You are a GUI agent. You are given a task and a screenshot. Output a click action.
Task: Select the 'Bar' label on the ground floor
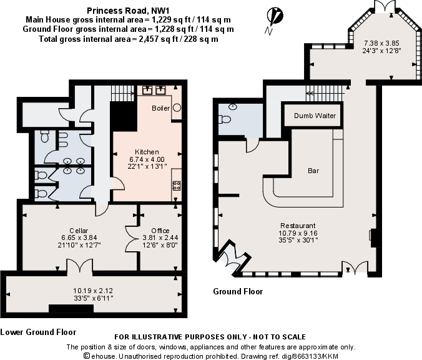click(x=314, y=170)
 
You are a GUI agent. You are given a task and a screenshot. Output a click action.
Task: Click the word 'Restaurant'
click(x=298, y=226)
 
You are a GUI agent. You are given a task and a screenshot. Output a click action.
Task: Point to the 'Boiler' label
click(x=160, y=108)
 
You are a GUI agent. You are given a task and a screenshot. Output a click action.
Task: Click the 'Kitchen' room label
click(x=147, y=152)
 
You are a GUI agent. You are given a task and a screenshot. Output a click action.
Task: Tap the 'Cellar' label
click(x=78, y=231)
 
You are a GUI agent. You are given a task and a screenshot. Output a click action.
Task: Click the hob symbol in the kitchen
click(x=176, y=185)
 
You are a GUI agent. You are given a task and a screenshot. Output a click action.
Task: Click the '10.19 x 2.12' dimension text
click(x=94, y=291)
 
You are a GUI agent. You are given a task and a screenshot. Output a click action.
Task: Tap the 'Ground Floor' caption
click(x=238, y=292)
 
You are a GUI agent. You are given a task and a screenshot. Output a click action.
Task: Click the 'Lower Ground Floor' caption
click(x=38, y=332)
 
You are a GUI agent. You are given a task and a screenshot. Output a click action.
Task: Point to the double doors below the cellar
click(x=78, y=267)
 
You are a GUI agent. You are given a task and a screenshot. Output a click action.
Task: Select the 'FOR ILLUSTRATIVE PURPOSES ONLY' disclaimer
click(x=210, y=337)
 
